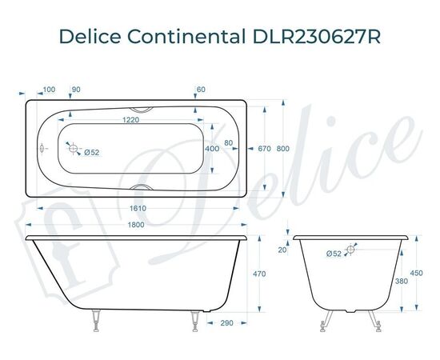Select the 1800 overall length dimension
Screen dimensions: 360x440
(136, 225)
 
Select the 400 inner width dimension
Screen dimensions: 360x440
(212, 149)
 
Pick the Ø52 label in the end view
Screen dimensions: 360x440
(334, 254)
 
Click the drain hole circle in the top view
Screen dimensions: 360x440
(73, 148)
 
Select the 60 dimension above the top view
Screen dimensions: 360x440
(201, 89)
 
